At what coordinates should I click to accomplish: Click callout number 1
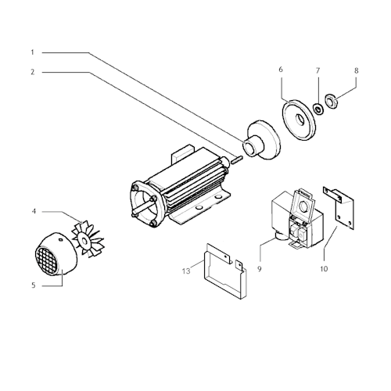pyautogui.click(x=33, y=52)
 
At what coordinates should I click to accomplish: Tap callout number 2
pyautogui.click(x=33, y=72)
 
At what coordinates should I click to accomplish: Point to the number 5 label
pyautogui.click(x=33, y=286)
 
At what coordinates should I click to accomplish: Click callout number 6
pyautogui.click(x=281, y=70)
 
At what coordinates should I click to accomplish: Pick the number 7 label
pyautogui.click(x=318, y=70)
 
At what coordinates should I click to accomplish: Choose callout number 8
pyautogui.click(x=357, y=70)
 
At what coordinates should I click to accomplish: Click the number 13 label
pyautogui.click(x=185, y=271)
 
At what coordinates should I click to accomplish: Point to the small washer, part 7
pyautogui.click(x=318, y=106)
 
